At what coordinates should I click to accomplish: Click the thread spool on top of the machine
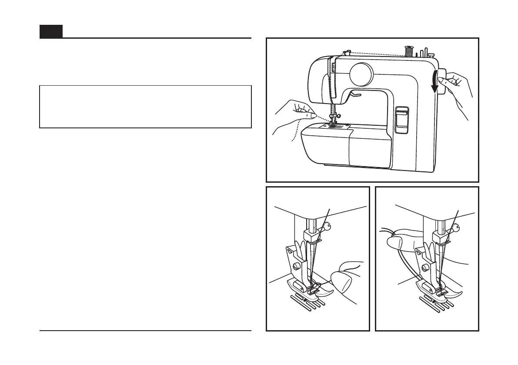tap(408, 51)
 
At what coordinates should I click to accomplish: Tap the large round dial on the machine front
tap(361, 73)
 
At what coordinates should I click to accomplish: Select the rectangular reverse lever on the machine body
tap(402, 119)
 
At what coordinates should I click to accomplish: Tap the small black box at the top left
tap(51, 31)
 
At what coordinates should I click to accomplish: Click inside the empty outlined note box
tap(145, 107)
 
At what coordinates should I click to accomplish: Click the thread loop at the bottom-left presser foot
tap(321, 285)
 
